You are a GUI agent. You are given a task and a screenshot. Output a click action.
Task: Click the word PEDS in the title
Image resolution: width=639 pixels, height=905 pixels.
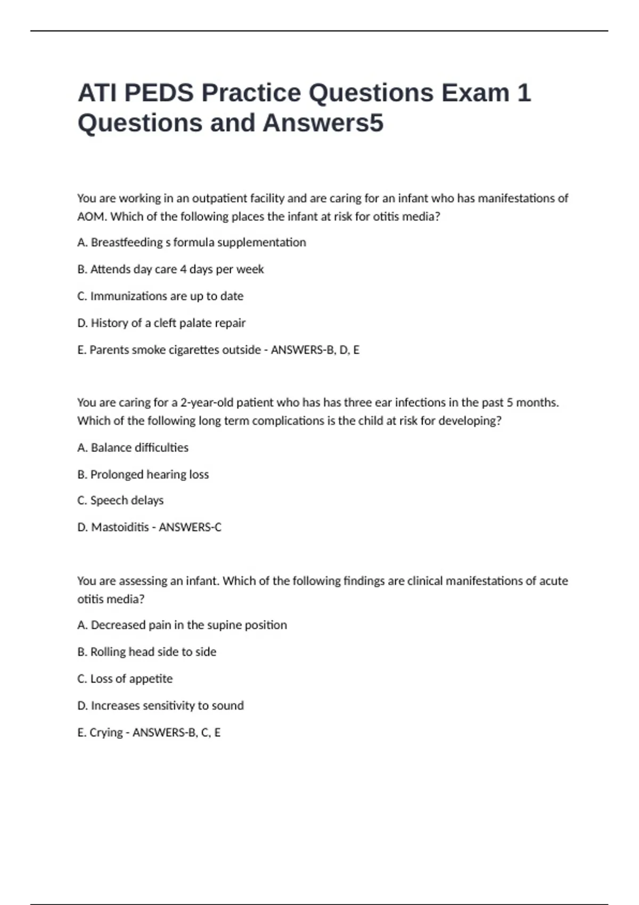pos(158,93)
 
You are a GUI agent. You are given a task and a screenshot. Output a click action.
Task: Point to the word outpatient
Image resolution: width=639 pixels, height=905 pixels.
pos(220,199)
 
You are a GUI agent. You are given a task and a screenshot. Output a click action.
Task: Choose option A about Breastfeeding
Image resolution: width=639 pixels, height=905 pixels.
pos(192,243)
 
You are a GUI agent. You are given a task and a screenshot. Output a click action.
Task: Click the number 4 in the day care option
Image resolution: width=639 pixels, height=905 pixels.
pos(183,269)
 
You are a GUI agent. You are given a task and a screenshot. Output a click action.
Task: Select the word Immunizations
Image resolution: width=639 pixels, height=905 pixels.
pos(128,296)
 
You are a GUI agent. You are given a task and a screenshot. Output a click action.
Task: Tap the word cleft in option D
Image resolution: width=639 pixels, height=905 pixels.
pos(165,323)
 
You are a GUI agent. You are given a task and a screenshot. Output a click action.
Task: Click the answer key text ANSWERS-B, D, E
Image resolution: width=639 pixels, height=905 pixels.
pos(315,350)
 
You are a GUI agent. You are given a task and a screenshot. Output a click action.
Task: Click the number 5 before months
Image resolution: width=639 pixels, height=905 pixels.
pos(510,402)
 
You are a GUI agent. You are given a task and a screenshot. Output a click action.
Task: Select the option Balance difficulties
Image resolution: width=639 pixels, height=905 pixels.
pos(133,448)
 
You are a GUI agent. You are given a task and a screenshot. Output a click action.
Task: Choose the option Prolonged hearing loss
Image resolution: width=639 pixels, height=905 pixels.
pos(143,474)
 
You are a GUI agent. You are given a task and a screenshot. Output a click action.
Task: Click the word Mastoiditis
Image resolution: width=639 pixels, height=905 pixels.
pos(120,527)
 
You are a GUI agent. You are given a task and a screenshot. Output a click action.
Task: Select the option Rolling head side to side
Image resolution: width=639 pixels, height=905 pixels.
pos(147,652)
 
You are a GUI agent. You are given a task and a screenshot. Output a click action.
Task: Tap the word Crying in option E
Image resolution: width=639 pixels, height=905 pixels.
pos(106,733)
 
